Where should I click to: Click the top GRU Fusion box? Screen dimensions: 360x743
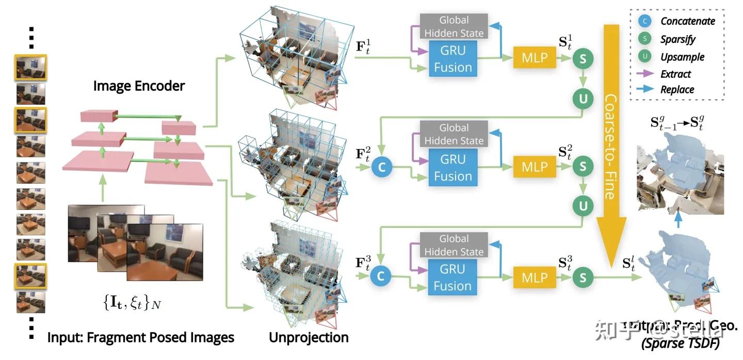tap(453, 59)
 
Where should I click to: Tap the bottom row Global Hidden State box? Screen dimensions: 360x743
tap(454, 245)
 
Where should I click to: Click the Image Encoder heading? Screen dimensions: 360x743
tap(139, 86)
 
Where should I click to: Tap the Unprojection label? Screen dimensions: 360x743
tap(309, 338)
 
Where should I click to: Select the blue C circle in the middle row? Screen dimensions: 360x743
tap(381, 167)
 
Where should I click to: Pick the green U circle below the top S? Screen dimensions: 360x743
tap(583, 97)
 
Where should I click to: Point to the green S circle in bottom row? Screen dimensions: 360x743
tap(583, 277)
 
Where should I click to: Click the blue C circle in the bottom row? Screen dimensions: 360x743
tap(381, 276)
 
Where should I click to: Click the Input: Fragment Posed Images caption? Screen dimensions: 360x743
tap(141, 338)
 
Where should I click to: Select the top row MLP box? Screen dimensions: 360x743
tap(534, 57)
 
